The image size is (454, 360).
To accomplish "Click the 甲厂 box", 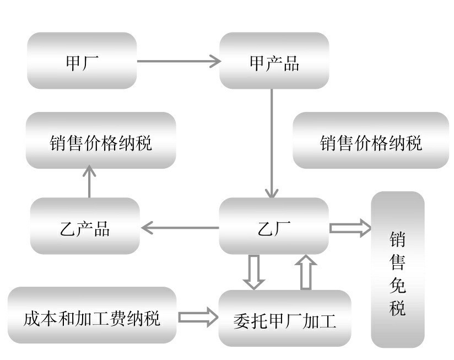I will tap(82, 61).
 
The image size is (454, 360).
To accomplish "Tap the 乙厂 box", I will tap(274, 227).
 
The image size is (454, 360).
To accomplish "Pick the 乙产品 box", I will tap(85, 227).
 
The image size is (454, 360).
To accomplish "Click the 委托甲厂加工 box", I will tap(285, 319).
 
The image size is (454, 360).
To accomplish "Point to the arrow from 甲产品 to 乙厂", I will tap(272, 143).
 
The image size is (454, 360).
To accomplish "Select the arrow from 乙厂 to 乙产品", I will tap(180, 227).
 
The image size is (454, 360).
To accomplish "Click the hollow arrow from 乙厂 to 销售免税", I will tap(350, 227).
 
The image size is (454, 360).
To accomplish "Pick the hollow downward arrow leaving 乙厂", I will tap(254, 271).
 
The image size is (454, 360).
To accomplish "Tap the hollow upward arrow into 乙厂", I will tap(306, 271).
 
